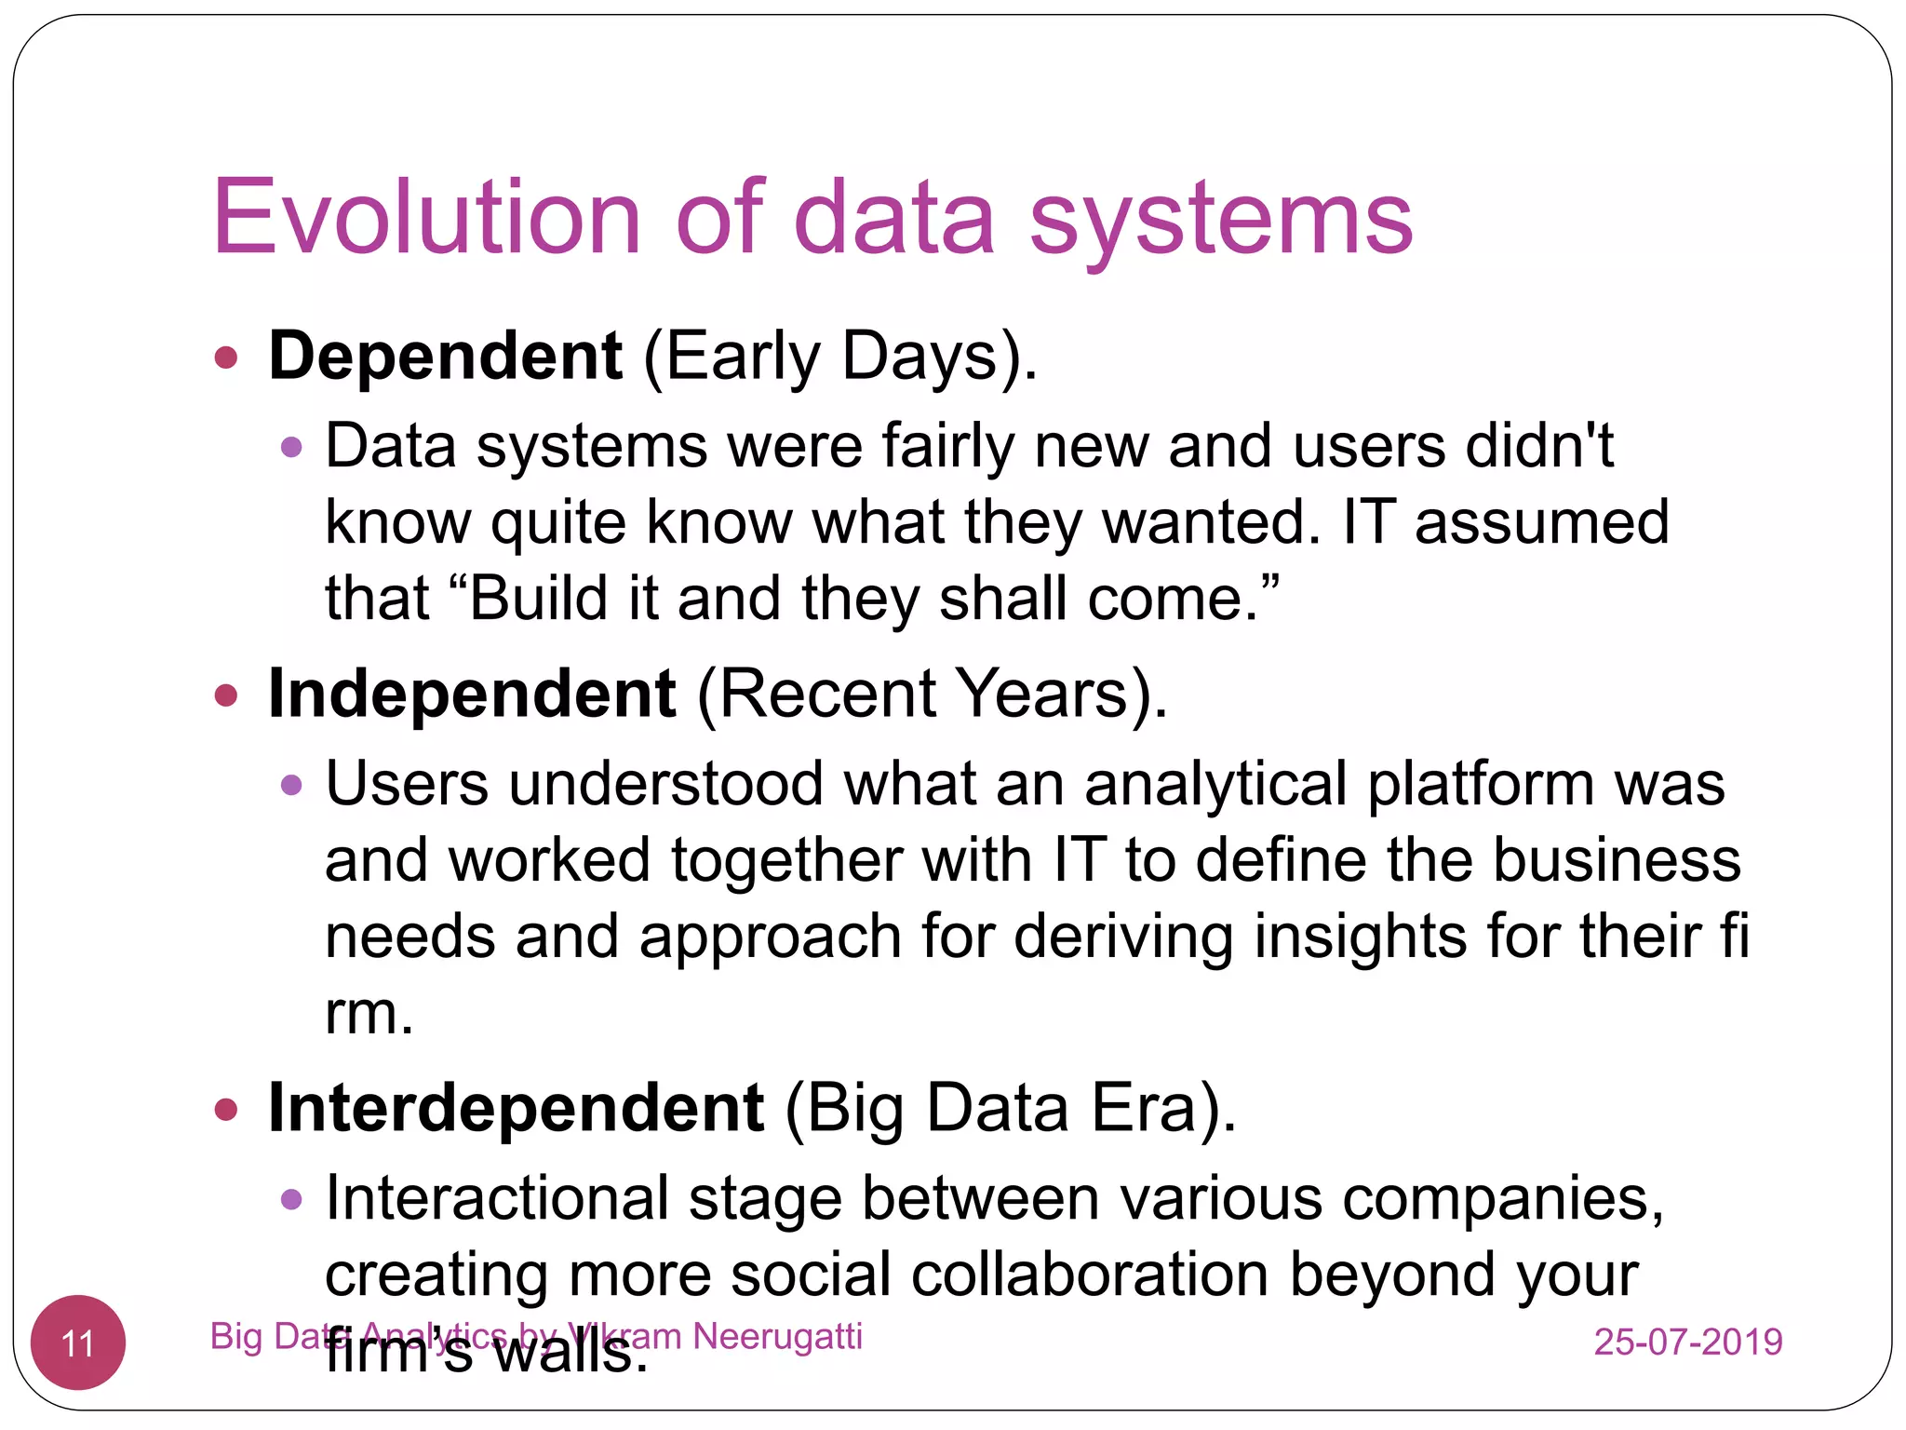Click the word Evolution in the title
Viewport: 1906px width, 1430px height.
click(x=426, y=217)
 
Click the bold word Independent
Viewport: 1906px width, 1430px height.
click(x=471, y=694)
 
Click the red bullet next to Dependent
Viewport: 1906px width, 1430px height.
click(x=226, y=357)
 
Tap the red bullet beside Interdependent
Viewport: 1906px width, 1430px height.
click(x=226, y=1109)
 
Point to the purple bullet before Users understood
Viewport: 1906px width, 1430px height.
click(x=291, y=785)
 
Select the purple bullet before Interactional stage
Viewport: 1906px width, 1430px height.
click(x=291, y=1199)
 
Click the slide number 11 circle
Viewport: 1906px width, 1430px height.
click(x=78, y=1342)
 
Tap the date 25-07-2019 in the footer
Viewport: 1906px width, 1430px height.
click(x=1687, y=1342)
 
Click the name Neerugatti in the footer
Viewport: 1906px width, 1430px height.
click(x=777, y=1336)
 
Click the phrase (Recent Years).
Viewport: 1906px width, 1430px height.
click(x=932, y=694)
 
